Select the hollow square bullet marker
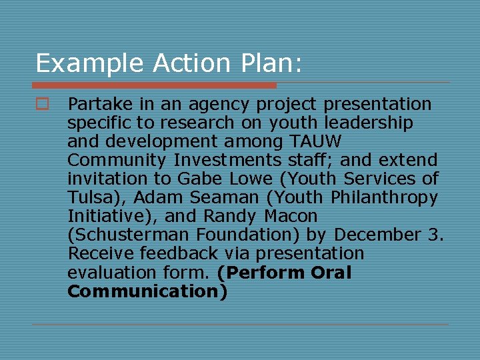click(42, 104)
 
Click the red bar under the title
click(154, 85)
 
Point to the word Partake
click(101, 104)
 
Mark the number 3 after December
click(433, 235)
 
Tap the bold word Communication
click(144, 291)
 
